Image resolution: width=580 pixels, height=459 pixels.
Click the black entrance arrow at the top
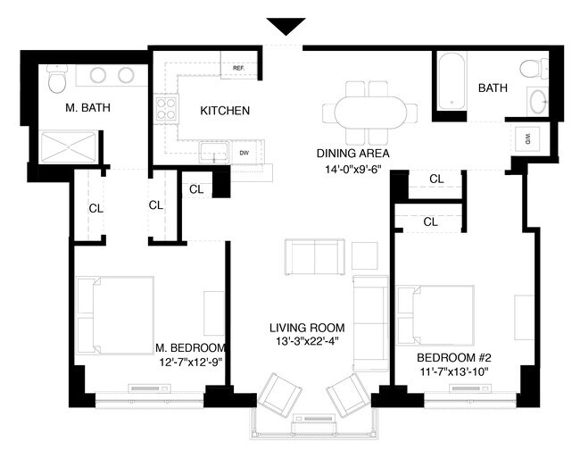click(286, 26)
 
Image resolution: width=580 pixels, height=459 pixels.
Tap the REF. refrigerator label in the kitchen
click(239, 69)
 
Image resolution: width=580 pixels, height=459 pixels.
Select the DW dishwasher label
click(244, 153)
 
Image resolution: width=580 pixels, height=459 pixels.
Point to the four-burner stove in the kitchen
click(166, 109)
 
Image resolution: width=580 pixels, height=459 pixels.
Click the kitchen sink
click(214, 152)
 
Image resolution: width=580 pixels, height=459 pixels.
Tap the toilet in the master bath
click(58, 79)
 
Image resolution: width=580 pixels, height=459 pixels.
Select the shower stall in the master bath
click(69, 147)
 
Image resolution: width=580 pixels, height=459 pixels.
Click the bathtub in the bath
click(452, 81)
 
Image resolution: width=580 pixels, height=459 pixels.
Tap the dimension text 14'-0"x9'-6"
click(352, 170)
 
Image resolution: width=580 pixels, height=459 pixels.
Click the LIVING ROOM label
click(307, 328)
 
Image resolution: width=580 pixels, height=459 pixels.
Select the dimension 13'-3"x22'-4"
click(307, 341)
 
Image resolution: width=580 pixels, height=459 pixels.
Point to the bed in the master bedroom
click(115, 315)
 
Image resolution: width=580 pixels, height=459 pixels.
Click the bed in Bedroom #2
click(435, 315)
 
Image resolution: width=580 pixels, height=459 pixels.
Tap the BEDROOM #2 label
click(454, 358)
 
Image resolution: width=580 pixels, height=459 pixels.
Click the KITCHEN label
click(225, 111)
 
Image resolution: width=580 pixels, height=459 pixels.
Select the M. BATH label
click(87, 108)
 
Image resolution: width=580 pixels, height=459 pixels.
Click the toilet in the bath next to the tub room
click(534, 69)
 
